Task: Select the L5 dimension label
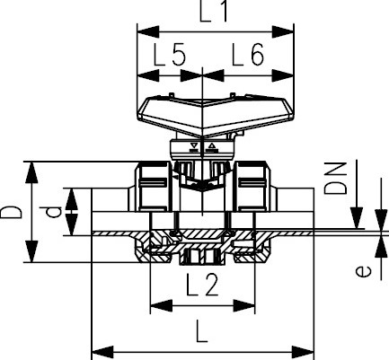point(167,56)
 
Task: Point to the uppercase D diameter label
point(12,213)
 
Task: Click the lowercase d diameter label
point(54,213)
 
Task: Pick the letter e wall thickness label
point(361,270)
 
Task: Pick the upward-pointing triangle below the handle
point(212,145)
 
